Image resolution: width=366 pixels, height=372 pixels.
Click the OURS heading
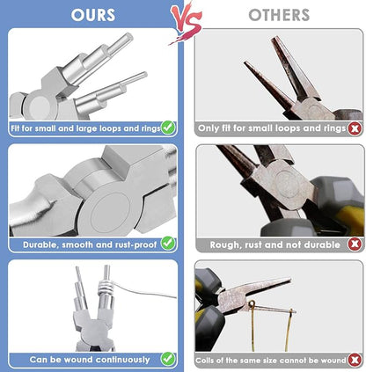click(93, 14)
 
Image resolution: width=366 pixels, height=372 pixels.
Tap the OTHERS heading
click(278, 15)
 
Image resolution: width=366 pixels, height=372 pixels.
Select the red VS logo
click(186, 20)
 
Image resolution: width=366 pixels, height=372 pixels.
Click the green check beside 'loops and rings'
click(168, 128)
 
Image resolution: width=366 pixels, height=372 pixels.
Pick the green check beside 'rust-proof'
click(168, 242)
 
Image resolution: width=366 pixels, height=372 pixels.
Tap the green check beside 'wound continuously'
click(168, 359)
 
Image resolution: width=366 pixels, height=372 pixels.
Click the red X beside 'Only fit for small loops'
click(355, 128)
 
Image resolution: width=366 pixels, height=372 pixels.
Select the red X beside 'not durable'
click(355, 244)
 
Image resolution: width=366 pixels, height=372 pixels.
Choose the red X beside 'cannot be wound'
click(355, 359)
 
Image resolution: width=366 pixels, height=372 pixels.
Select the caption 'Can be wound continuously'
click(89, 359)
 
